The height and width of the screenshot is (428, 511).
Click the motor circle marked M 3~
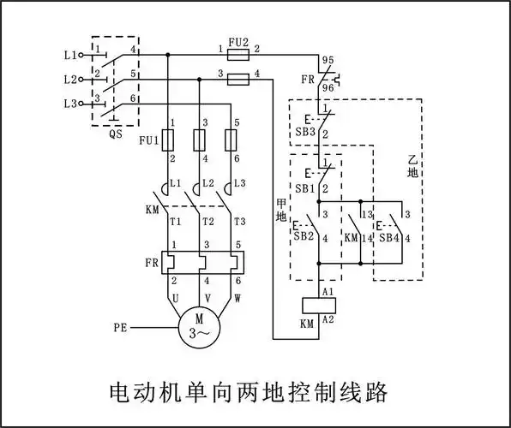click(x=198, y=325)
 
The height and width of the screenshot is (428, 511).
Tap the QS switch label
click(x=115, y=134)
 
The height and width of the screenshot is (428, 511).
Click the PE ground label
click(x=122, y=327)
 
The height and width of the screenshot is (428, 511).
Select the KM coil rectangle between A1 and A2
click(x=318, y=304)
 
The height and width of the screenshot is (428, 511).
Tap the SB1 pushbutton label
click(x=304, y=187)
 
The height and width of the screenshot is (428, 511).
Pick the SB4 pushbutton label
click(x=389, y=236)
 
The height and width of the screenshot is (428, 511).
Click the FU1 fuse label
click(x=147, y=140)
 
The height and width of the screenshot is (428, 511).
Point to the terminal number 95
click(x=327, y=61)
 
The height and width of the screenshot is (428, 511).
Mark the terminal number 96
click(x=327, y=88)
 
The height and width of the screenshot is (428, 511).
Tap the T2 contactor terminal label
click(x=207, y=220)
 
